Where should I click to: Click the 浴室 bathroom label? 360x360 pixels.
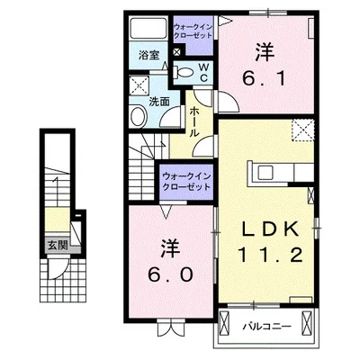pyautogui.click(x=149, y=55)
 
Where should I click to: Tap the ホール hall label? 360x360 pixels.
pyautogui.click(x=195, y=115)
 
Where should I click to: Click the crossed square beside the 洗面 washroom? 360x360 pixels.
pyautogui.click(x=139, y=86)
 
